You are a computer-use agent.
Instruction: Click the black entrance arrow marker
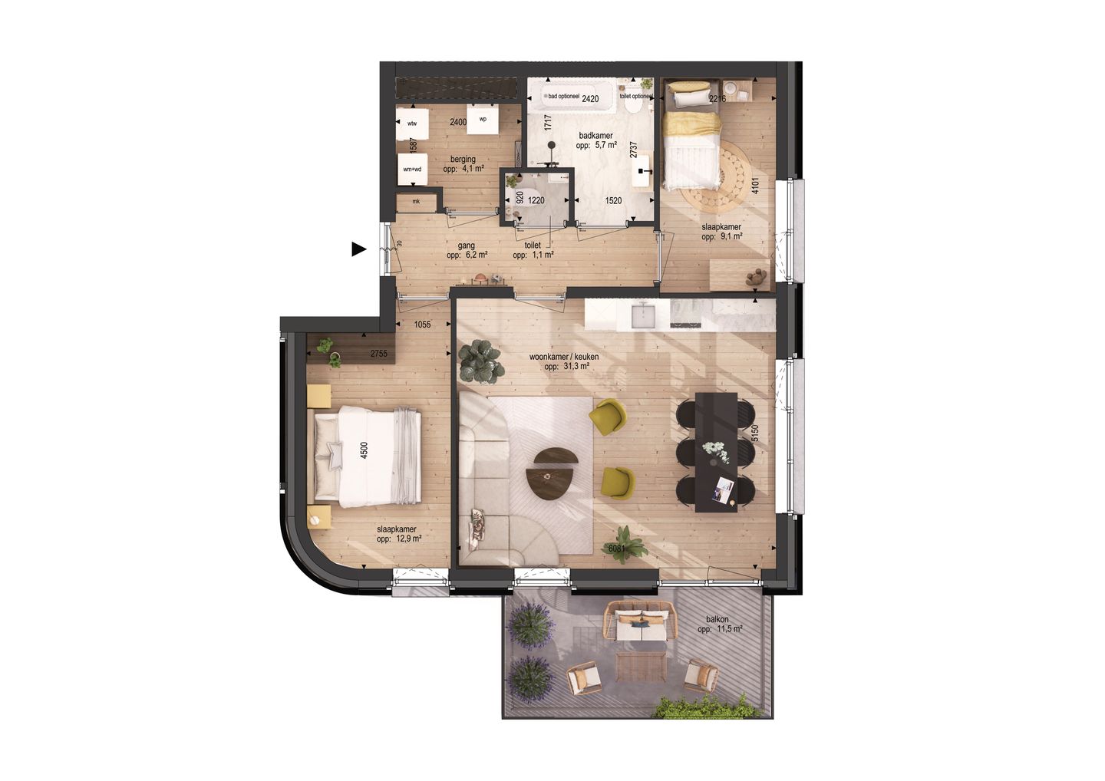coord(358,249)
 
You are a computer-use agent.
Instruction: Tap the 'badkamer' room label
coord(595,135)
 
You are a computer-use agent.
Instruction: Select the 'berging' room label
coord(463,160)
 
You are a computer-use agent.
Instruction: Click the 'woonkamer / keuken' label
coord(564,357)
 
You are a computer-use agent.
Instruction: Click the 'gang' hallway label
coord(467,246)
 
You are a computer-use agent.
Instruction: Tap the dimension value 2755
coord(378,354)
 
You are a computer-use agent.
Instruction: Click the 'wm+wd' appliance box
coord(412,170)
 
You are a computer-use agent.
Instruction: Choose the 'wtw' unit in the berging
coord(412,123)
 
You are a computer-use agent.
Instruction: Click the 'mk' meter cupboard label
coord(416,202)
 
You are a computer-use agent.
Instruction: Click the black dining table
coord(716,452)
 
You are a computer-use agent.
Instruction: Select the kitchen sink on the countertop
coord(642,314)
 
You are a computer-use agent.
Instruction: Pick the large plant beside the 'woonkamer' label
coord(482,361)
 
